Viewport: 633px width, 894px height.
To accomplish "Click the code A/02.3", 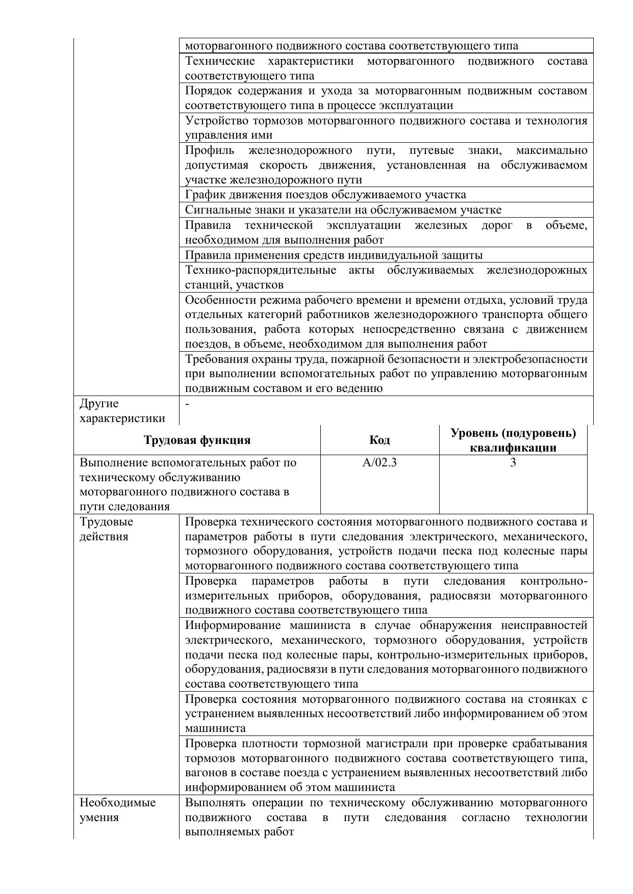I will [x=379, y=463].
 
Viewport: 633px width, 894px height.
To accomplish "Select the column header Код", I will [x=379, y=440].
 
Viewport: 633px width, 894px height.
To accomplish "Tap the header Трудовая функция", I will [x=197, y=440].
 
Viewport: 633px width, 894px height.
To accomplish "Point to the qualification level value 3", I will [x=513, y=463].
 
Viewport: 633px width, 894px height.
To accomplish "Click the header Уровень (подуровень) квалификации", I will [x=513, y=440].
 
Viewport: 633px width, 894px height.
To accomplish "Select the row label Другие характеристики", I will [x=122, y=411].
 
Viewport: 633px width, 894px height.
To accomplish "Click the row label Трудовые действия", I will [x=106, y=529].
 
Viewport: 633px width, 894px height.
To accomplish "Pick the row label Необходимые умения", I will [x=117, y=810].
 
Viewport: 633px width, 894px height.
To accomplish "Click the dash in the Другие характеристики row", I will [x=188, y=404].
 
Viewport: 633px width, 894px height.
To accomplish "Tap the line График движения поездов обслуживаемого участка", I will [x=325, y=195].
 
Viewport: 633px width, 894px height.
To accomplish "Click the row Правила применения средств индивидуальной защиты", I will [x=334, y=255].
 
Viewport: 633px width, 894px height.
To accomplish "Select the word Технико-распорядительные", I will [x=260, y=270].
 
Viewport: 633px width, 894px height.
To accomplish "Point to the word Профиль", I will [x=210, y=150].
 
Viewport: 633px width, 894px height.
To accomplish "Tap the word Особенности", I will [x=221, y=300].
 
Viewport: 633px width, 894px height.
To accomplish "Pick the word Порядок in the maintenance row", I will [x=208, y=91].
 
